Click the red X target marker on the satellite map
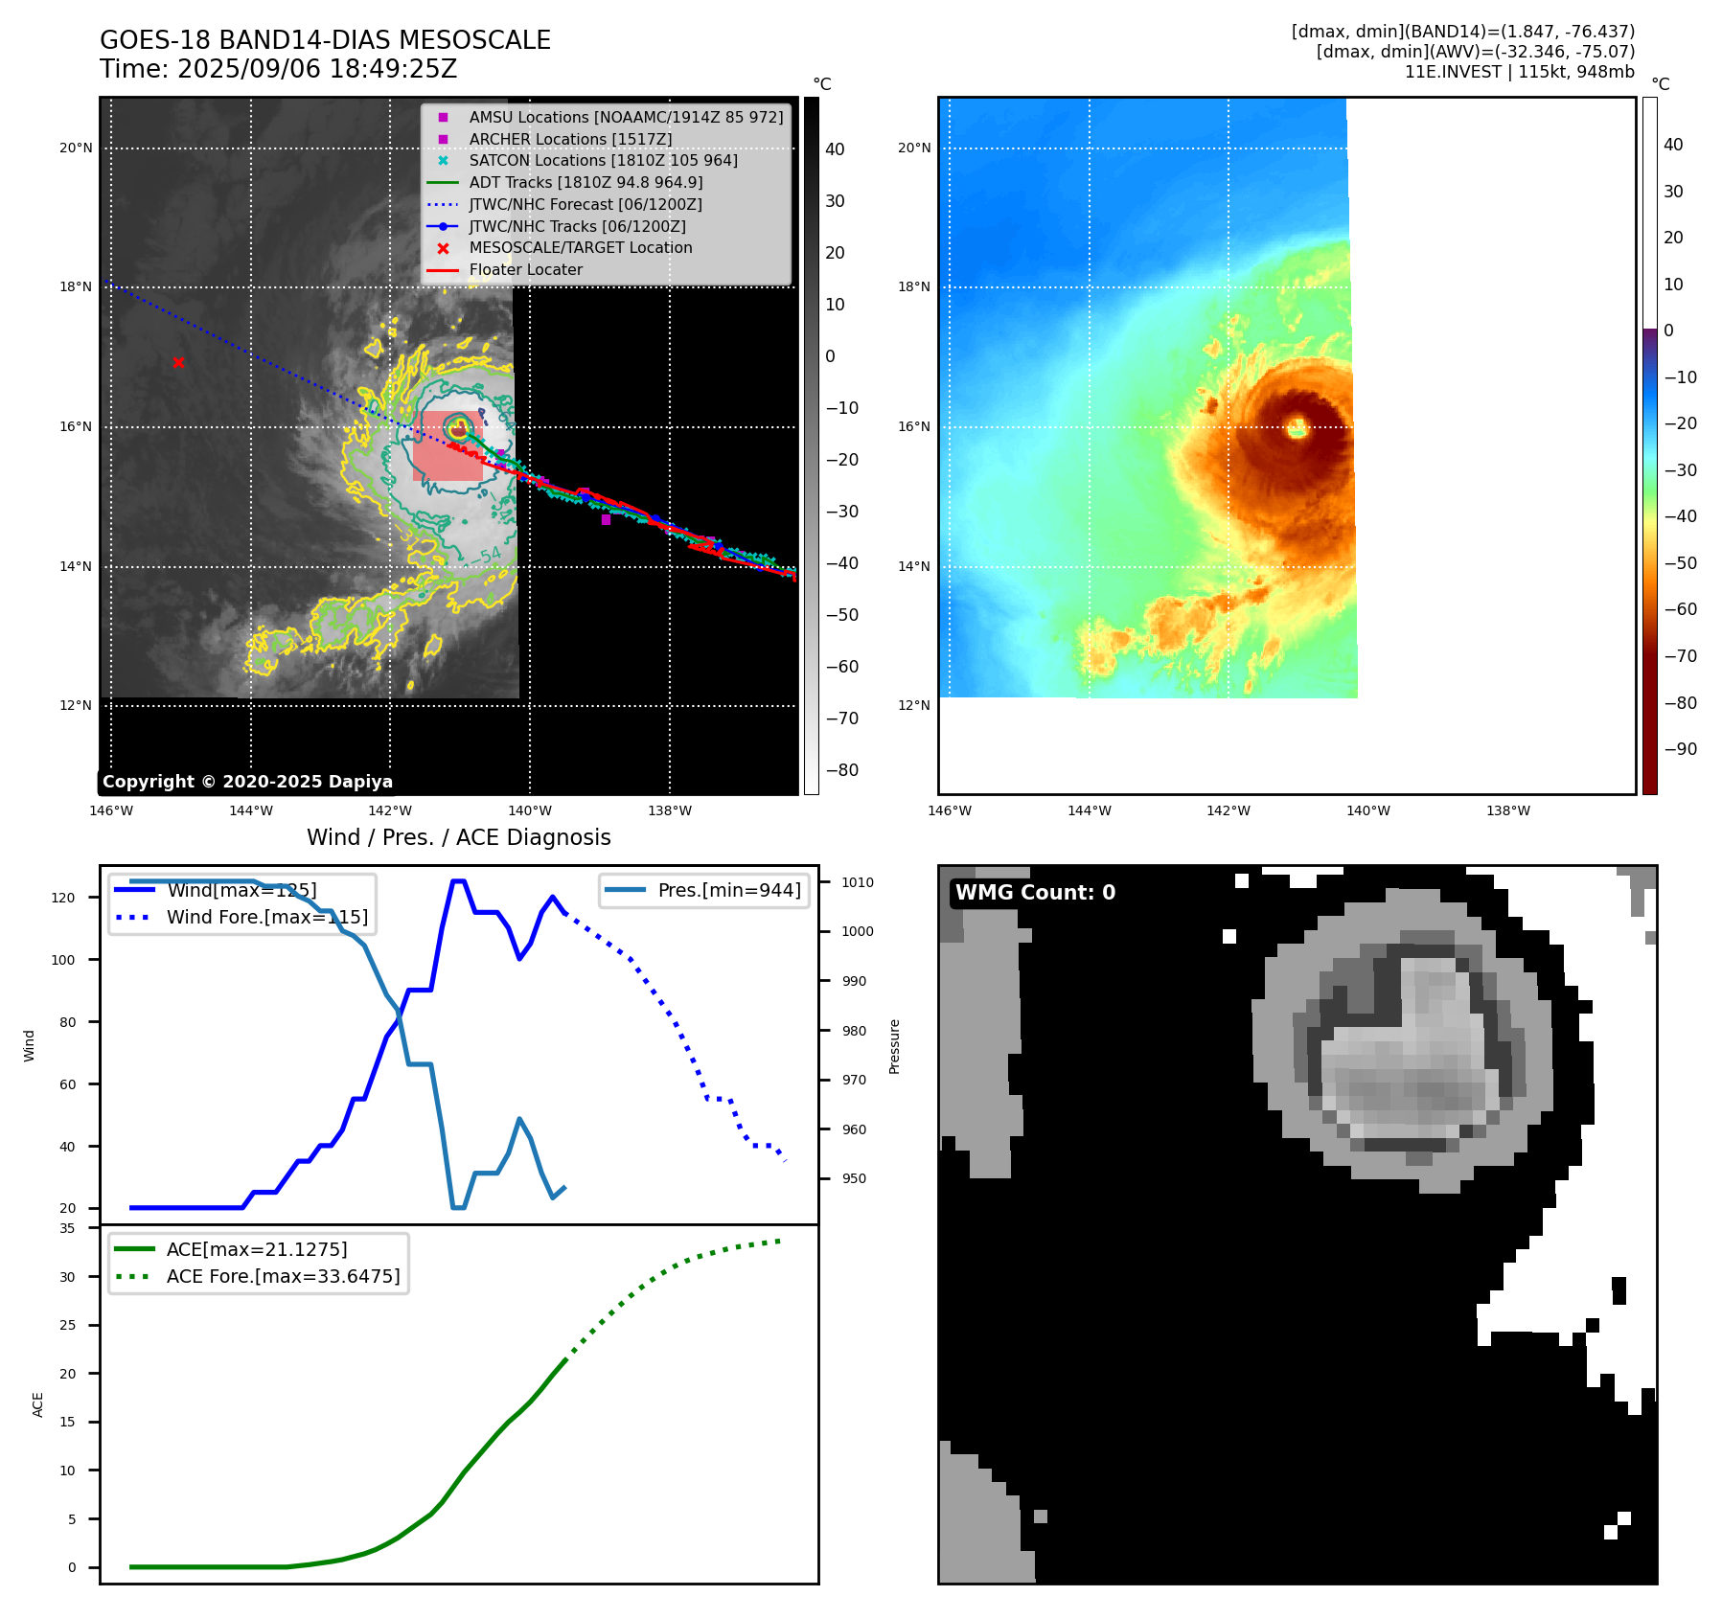178,362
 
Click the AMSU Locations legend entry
625,117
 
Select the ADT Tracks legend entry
585,182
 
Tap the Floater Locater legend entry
525,269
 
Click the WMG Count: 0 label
1035,893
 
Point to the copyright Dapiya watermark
247,782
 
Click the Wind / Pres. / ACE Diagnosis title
458,837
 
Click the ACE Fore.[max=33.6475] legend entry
283,1276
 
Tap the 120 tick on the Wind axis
63,898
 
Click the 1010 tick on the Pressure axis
858,882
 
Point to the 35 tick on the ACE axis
67,1228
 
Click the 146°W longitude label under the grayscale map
111,810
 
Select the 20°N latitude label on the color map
914,148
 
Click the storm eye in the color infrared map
1297,427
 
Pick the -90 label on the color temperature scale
1680,749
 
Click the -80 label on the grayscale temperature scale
842,770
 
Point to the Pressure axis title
894,1046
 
